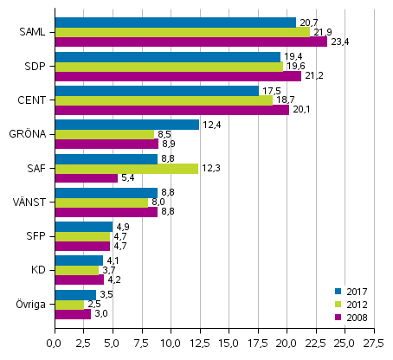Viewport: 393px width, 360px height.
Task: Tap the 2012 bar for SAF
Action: pos(126,168)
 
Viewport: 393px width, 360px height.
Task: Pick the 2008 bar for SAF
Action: pos(86,178)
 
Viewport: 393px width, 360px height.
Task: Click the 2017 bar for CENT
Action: pos(157,91)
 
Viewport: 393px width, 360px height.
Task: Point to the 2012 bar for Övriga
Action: pos(69,304)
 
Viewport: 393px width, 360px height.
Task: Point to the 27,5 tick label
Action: pos(374,344)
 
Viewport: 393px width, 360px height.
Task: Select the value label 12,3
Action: pos(210,168)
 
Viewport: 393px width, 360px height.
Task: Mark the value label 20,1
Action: pos(301,110)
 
